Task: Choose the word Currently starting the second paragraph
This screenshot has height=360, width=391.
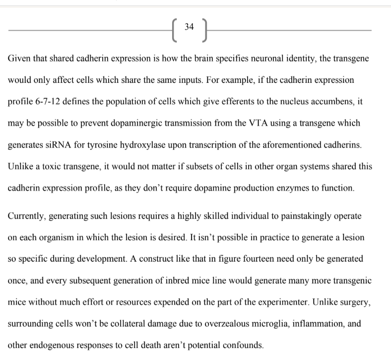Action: [26, 216]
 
